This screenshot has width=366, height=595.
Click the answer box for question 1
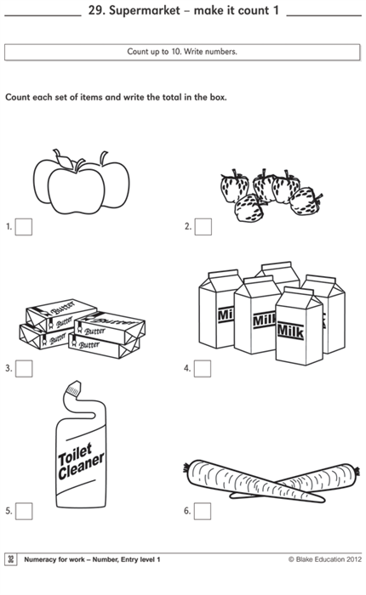(24, 227)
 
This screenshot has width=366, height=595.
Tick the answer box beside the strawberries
(203, 227)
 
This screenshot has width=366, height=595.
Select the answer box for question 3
(24, 368)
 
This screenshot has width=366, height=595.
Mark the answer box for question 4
(203, 368)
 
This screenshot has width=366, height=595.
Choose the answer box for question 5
(24, 511)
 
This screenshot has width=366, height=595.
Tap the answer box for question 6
(203, 511)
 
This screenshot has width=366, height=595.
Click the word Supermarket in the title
(145, 10)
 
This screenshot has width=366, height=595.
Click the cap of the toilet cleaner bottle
(74, 389)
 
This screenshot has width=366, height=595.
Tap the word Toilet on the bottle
(75, 454)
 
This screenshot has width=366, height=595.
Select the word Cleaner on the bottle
(81, 466)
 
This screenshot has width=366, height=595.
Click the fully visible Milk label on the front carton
(290, 331)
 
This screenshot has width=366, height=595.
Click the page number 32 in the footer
(11, 559)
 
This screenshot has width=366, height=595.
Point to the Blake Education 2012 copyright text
(325, 559)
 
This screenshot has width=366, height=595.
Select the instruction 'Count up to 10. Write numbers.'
(182, 52)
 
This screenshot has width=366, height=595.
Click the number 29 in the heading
(96, 10)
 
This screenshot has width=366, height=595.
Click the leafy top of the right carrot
(357, 471)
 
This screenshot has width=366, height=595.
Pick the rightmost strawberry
(306, 201)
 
